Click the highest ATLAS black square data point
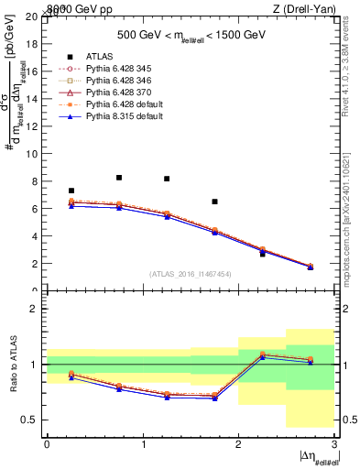(x=119, y=178)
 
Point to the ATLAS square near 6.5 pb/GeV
(x=214, y=202)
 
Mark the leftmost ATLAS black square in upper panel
(x=71, y=191)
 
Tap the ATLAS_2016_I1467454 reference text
(x=191, y=274)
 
